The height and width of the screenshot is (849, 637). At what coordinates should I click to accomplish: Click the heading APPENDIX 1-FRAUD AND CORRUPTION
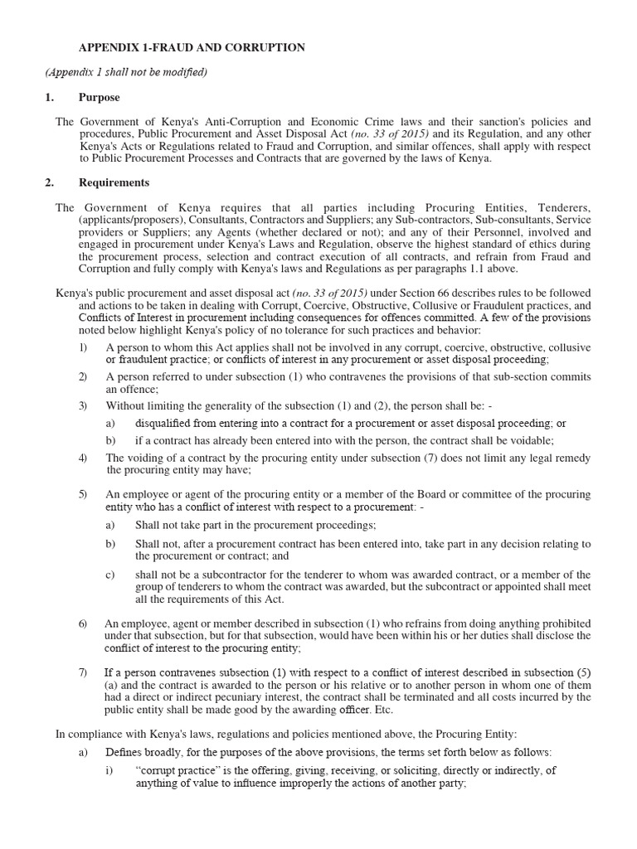point(192,48)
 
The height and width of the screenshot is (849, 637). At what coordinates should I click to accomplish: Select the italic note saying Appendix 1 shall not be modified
point(126,72)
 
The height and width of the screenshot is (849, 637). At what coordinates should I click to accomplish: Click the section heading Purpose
point(99,97)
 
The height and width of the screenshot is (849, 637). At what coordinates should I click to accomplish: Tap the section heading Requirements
point(114,183)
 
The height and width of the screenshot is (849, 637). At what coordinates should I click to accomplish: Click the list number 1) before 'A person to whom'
point(83,347)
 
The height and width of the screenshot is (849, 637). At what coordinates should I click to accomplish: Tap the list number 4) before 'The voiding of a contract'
point(83,458)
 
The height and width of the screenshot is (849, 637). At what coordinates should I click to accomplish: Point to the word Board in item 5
point(428,494)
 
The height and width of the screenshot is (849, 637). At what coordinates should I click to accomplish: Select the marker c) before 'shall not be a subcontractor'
point(110,575)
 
